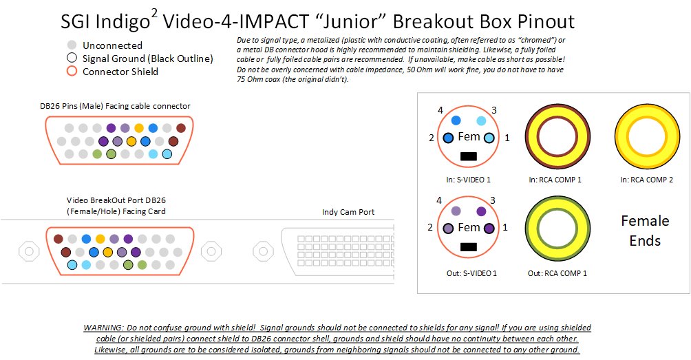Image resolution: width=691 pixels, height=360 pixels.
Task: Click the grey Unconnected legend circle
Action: coord(72,45)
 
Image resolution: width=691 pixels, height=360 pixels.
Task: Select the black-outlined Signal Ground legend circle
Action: coord(72,58)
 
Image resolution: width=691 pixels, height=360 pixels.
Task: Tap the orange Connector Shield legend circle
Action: coord(72,71)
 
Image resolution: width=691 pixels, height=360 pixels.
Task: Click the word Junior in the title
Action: coord(351,21)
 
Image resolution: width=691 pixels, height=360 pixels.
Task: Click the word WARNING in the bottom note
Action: coord(103,328)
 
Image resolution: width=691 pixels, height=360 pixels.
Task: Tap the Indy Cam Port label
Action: coord(348,212)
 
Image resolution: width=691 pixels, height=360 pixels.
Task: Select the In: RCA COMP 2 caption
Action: coord(646,180)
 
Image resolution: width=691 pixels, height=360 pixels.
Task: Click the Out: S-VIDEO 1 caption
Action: coord(471,273)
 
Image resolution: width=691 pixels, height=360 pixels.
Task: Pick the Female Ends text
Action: coord(645,231)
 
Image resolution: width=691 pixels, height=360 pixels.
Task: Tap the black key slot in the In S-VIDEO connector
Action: coord(468,156)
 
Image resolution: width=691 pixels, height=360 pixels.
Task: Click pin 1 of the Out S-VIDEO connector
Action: coord(489,229)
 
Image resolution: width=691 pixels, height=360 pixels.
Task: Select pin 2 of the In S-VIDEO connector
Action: coord(448,138)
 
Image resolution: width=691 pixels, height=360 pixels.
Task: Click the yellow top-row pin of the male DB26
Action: coord(139,128)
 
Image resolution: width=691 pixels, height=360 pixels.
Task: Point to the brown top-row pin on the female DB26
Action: coord(59,239)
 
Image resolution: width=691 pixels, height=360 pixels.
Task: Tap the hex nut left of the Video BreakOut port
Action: coord(29,251)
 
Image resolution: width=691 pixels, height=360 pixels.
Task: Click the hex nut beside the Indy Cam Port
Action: coord(263,251)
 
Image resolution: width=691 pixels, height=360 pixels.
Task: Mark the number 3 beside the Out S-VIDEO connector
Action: coord(493,200)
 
